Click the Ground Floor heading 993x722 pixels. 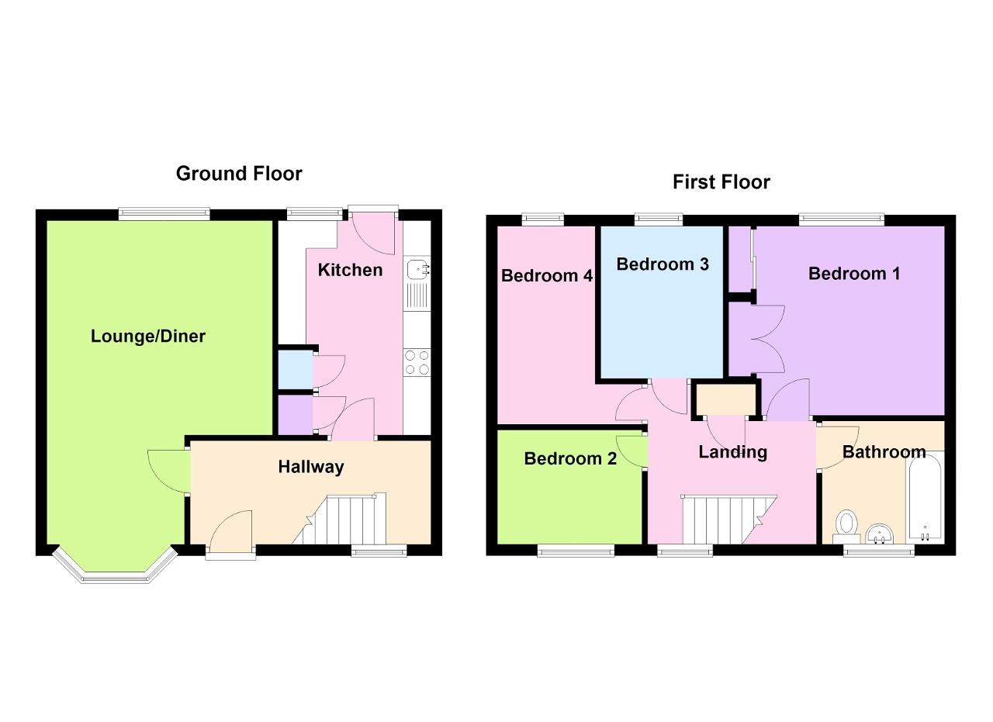(239, 173)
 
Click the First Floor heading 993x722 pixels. (721, 182)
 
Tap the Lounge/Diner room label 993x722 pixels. (148, 337)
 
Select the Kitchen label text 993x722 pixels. (350, 270)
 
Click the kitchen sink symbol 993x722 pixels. (417, 268)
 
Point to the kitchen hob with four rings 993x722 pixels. (417, 362)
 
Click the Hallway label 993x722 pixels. (311, 467)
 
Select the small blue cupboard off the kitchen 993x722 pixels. (295, 370)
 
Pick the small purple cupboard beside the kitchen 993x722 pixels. (295, 414)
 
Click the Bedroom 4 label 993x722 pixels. (547, 275)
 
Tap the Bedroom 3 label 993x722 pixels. (663, 264)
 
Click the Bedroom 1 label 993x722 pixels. (854, 274)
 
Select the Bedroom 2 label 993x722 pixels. (570, 459)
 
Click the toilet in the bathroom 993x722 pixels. (846, 526)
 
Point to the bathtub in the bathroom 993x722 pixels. (925, 498)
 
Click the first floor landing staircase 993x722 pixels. (728, 519)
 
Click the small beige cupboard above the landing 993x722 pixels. (726, 399)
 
